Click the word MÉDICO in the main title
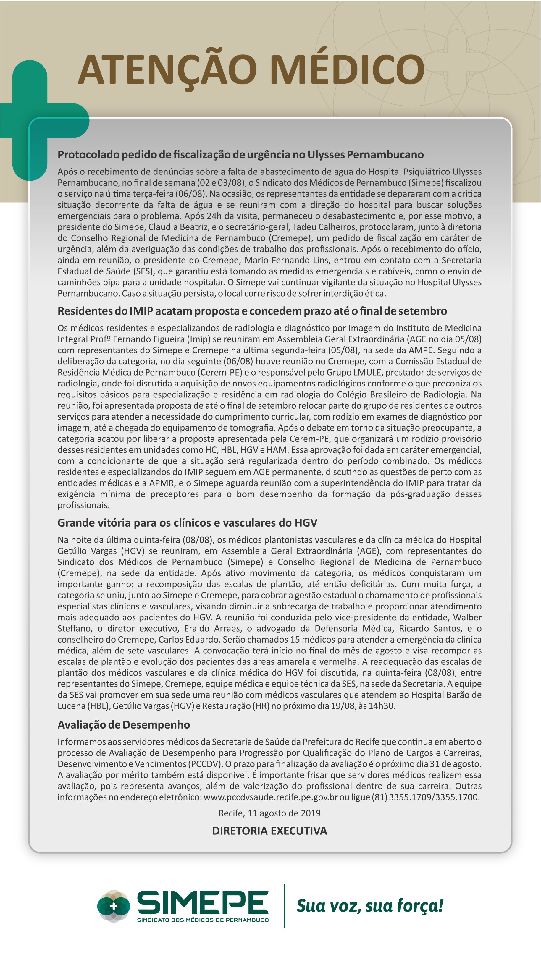coord(347,70)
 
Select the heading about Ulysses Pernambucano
coord(240,154)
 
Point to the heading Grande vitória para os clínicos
coord(187,523)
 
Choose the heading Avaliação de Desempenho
coord(124,724)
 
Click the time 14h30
coord(381,706)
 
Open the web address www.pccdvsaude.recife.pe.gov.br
coord(270,797)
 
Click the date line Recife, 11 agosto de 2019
coord(269,813)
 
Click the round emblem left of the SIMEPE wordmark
coord(113,906)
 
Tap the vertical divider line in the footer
coord(284,906)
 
